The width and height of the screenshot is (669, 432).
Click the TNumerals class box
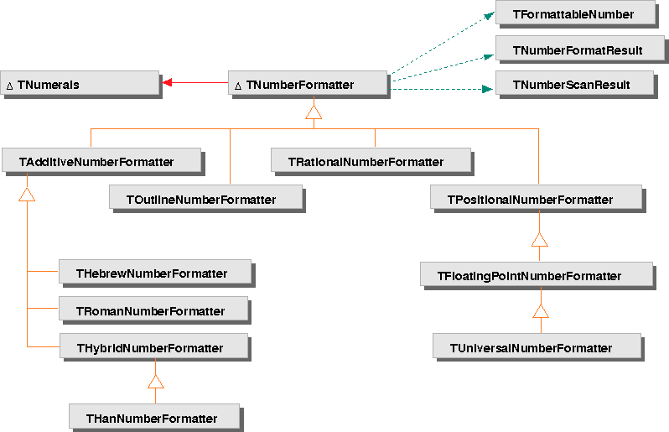[79, 84]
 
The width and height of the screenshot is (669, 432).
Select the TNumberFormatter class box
[308, 84]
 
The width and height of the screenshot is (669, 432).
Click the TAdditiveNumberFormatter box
[101, 161]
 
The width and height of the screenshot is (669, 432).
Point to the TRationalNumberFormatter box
[371, 161]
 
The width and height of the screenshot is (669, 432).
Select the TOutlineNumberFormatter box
[205, 199]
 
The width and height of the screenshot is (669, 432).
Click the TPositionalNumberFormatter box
[536, 199]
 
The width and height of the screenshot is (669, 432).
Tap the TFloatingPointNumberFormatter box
[536, 275]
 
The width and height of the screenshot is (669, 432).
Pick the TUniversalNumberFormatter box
[537, 346]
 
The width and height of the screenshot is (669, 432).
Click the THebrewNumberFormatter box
[154, 273]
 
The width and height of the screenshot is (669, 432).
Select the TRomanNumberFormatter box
[153, 310]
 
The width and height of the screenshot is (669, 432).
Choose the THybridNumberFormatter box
[153, 347]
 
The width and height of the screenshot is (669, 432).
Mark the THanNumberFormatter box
[153, 418]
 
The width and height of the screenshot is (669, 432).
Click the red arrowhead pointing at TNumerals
[167, 83]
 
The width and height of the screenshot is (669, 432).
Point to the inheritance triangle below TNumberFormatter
[314, 112]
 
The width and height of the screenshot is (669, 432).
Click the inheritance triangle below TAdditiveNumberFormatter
[28, 195]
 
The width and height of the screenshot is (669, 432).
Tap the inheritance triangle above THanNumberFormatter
[155, 382]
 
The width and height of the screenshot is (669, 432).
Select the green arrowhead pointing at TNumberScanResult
[487, 86]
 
